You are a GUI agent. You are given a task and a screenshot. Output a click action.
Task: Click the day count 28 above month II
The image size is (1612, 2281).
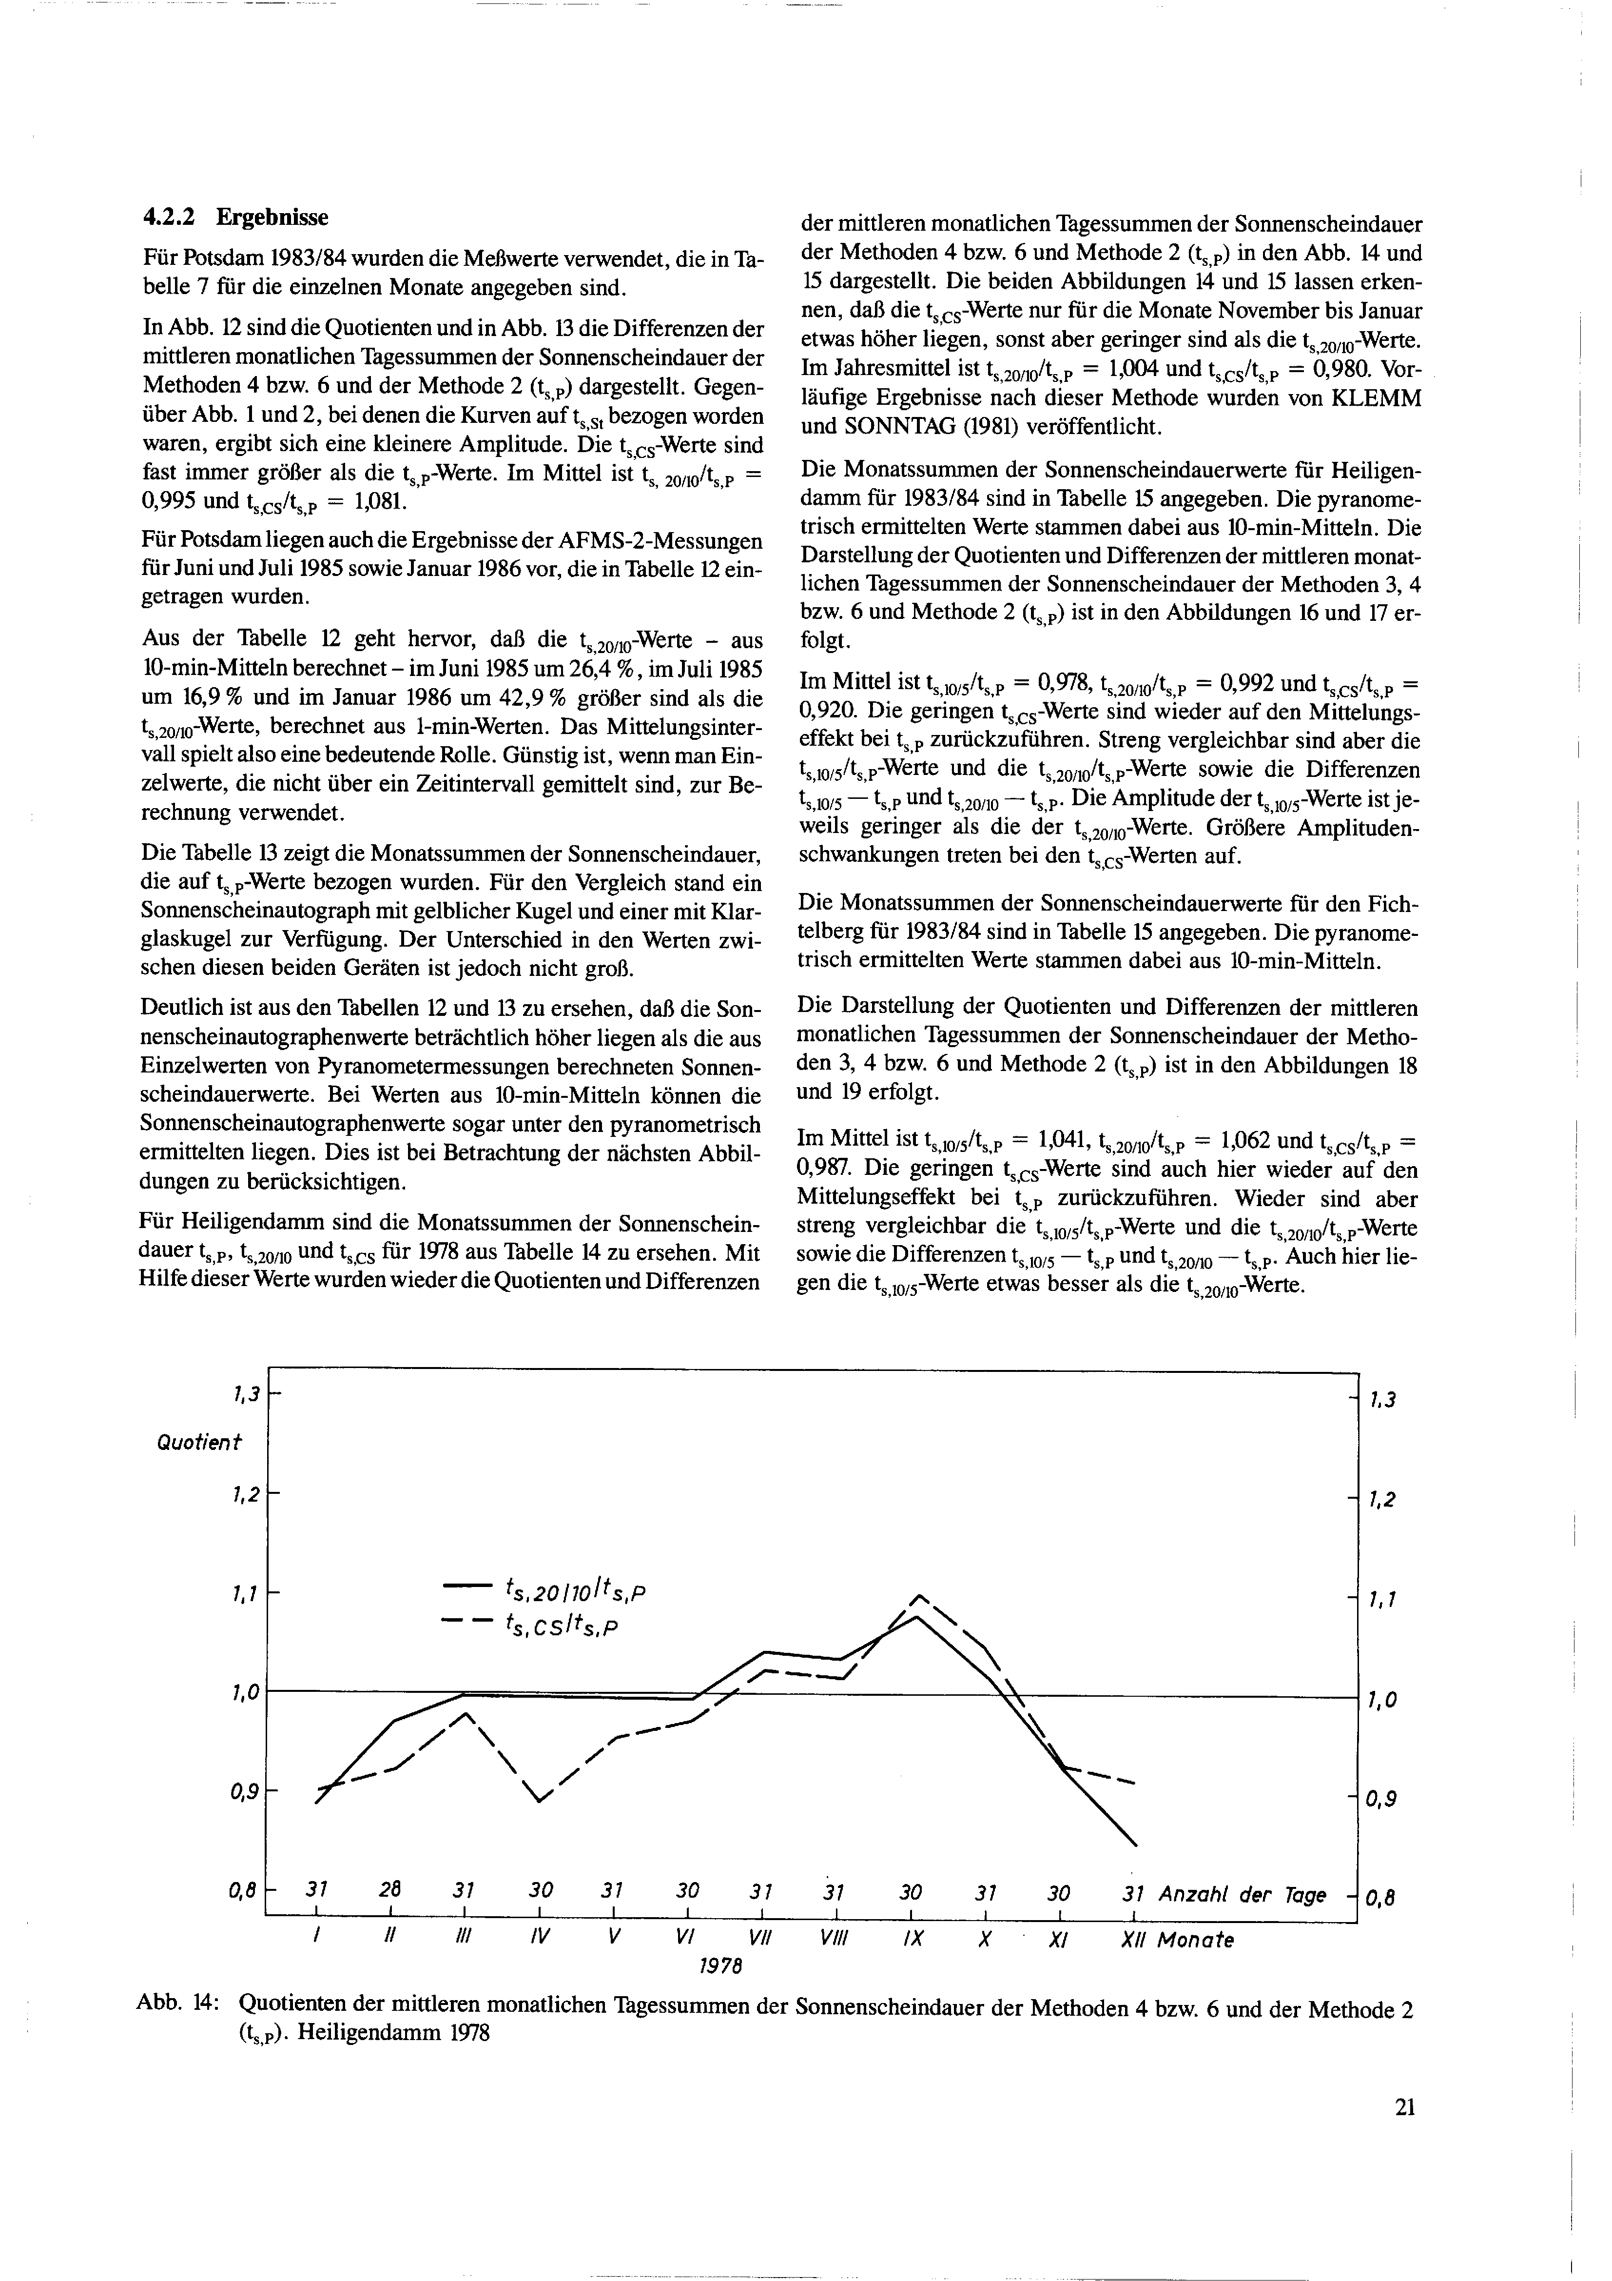390,1889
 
